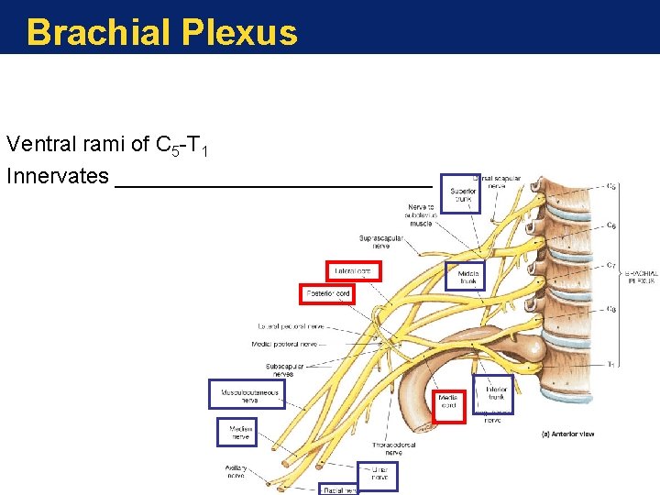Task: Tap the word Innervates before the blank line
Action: [57, 176]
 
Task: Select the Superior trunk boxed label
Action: [460, 193]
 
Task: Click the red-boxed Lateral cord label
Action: [353, 271]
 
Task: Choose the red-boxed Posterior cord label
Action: [327, 293]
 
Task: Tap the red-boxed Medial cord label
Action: [448, 401]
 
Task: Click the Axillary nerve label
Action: [236, 471]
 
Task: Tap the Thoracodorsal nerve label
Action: [393, 449]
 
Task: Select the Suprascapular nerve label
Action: [380, 242]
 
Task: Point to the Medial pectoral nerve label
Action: [284, 345]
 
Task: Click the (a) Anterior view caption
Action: [567, 434]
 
